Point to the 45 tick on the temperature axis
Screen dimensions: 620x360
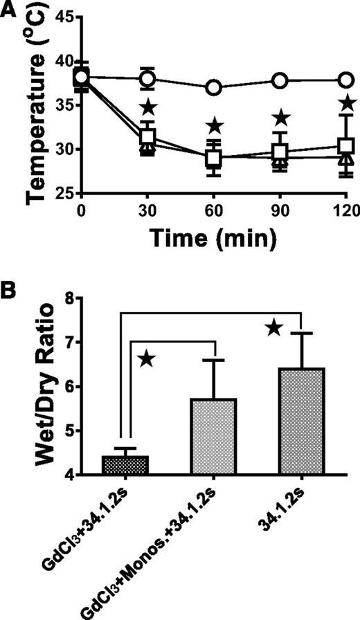coord(59,17)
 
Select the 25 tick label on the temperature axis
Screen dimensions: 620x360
coord(59,194)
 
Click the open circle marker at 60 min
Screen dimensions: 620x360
coord(214,88)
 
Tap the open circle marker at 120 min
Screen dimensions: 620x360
coord(346,80)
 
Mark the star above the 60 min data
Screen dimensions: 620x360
coord(215,125)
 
